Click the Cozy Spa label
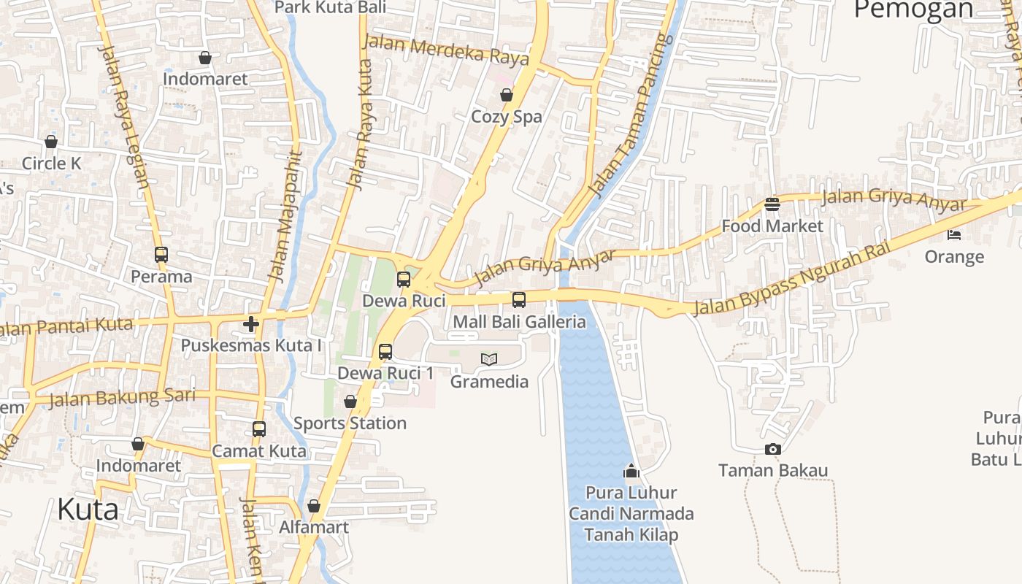click(506, 117)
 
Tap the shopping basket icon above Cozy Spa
click(506, 95)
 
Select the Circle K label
click(51, 164)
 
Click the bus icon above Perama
click(161, 255)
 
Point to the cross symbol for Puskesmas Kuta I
click(251, 323)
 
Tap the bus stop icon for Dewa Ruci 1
click(385, 352)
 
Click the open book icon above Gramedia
click(489, 359)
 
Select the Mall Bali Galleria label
click(519, 322)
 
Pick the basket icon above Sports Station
click(350, 401)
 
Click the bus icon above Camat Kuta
click(259, 429)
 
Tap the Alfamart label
click(314, 527)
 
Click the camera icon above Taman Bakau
click(772, 449)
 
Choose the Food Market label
click(772, 226)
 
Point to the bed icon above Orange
click(954, 234)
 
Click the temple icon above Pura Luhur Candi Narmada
click(631, 472)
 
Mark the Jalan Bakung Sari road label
click(122, 398)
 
